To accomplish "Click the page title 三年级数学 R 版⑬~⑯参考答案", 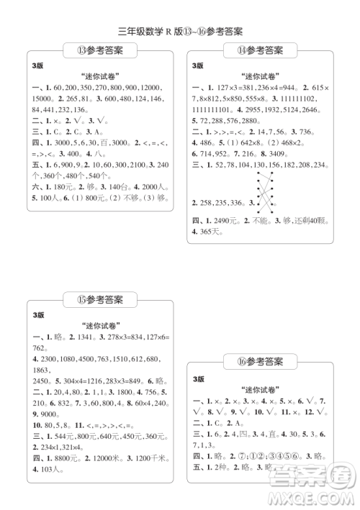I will click(180, 31).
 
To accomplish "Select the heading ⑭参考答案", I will click(260, 50).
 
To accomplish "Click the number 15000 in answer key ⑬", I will click(44, 98).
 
